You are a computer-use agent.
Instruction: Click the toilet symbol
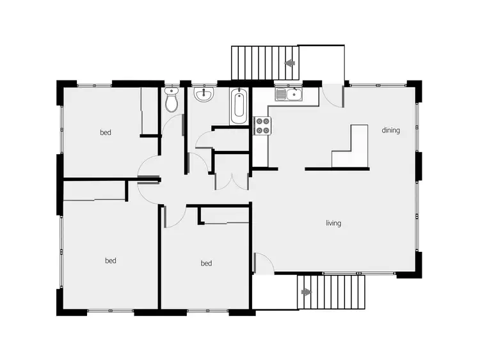pyautogui.click(x=171, y=101)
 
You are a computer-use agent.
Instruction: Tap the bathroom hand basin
pyautogui.click(x=204, y=95)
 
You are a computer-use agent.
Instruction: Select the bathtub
pyautogui.click(x=239, y=107)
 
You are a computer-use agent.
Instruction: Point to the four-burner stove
pyautogui.click(x=262, y=126)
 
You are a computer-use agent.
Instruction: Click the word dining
pyautogui.click(x=390, y=130)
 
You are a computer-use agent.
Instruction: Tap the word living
pyautogui.click(x=333, y=223)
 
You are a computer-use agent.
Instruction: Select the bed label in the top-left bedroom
pyautogui.click(x=106, y=133)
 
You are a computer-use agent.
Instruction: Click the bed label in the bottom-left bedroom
pyautogui.click(x=111, y=260)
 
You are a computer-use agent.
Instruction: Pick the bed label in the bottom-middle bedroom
pyautogui.click(x=206, y=263)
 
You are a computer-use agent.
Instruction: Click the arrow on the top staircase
pyautogui.click(x=289, y=63)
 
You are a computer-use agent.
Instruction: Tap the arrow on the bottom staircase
pyautogui.click(x=307, y=292)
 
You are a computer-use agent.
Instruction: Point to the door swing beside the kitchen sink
pyautogui.click(x=332, y=96)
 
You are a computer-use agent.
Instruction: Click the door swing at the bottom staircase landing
pyautogui.click(x=264, y=263)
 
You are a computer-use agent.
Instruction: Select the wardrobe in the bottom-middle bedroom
pyautogui.click(x=223, y=215)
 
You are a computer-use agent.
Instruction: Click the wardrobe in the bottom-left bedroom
pyautogui.click(x=94, y=191)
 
